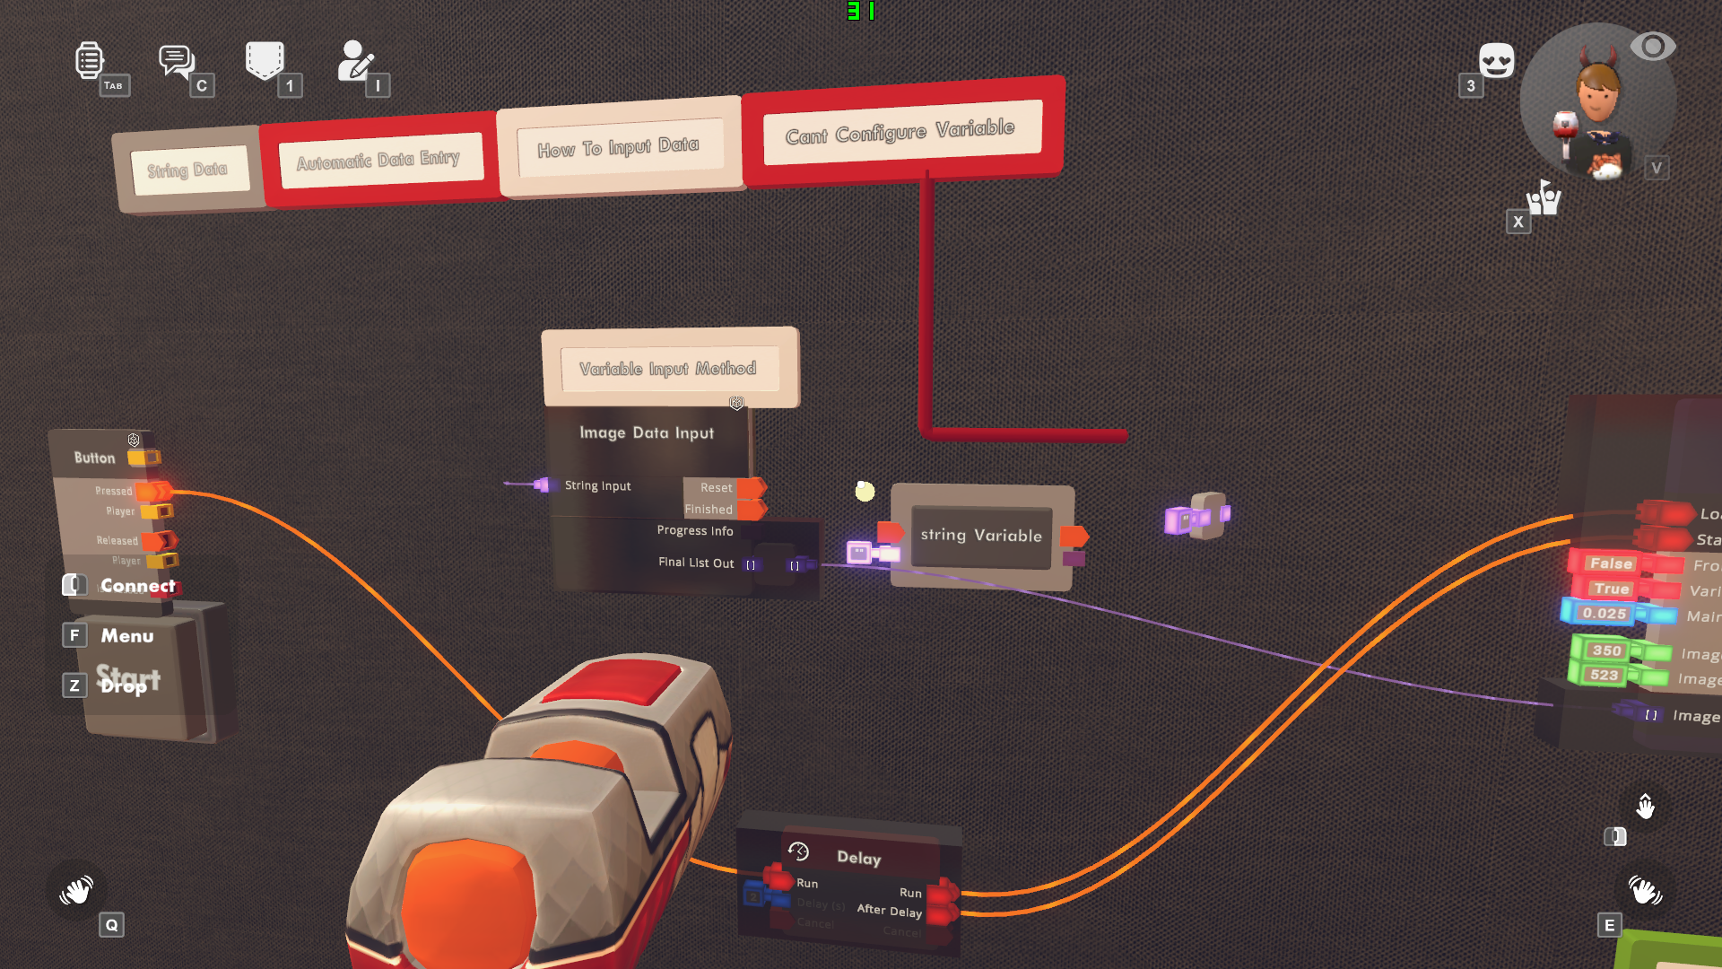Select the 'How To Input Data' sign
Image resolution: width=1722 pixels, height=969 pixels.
click(618, 147)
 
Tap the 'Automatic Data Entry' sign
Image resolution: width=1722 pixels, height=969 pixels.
click(378, 161)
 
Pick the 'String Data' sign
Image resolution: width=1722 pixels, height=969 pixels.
click(187, 170)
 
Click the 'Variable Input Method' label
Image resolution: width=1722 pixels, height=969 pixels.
click(667, 369)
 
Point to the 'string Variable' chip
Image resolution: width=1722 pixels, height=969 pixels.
click(981, 536)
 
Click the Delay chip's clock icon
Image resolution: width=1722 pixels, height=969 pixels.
click(798, 851)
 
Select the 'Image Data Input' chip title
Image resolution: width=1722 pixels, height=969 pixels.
click(647, 433)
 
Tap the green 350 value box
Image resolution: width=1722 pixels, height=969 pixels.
click(1605, 650)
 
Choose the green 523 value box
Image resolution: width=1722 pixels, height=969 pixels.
click(1604, 676)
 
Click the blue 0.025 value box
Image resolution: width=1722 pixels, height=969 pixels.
click(1604, 614)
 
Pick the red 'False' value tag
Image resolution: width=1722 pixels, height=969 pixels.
click(1611, 563)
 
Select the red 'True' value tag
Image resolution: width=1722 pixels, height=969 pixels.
click(1611, 589)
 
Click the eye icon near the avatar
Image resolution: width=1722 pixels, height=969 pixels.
click(1652, 47)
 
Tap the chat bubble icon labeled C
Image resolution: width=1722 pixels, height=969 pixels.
click(177, 61)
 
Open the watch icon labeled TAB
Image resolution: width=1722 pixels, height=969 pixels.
click(89, 61)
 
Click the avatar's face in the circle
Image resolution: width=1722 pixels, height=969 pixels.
click(1598, 90)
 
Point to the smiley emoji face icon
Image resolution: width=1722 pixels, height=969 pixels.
click(1496, 61)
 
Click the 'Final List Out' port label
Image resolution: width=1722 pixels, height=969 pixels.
click(696, 563)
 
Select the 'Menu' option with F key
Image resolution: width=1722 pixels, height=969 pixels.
click(126, 636)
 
